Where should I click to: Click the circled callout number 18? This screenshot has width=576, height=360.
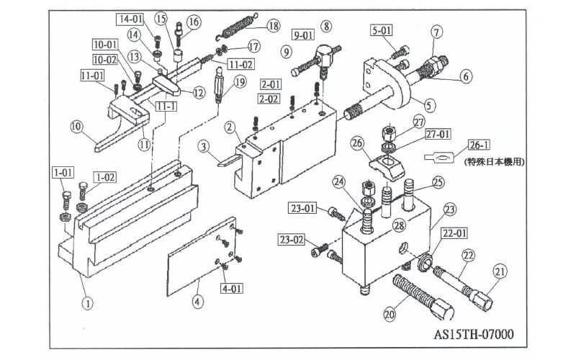(x=273, y=26)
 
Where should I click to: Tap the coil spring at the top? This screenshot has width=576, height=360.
(x=236, y=27)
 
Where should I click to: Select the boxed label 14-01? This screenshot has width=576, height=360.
(x=130, y=19)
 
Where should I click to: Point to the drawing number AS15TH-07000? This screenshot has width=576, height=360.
(x=474, y=334)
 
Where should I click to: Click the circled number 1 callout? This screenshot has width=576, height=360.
(x=87, y=303)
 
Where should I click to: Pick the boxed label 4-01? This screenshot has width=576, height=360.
(x=232, y=288)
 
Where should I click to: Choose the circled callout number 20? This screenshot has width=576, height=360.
(x=390, y=314)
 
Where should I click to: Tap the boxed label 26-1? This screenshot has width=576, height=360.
(x=479, y=145)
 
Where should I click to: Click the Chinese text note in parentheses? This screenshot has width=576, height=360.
(x=495, y=161)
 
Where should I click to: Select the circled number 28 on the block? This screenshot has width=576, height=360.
(x=400, y=225)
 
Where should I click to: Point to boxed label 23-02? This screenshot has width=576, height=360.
(x=292, y=240)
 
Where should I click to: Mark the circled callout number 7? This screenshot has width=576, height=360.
(x=436, y=32)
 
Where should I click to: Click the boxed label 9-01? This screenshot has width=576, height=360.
(x=303, y=35)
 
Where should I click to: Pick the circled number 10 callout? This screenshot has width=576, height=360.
(x=76, y=127)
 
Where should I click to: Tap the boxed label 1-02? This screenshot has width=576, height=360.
(x=105, y=177)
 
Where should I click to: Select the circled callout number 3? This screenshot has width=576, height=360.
(x=203, y=147)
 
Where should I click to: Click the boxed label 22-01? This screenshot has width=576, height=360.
(x=455, y=233)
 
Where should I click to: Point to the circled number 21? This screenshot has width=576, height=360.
(x=500, y=271)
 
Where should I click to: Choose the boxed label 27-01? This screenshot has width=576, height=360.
(x=438, y=134)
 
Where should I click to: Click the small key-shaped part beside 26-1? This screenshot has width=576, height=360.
(x=439, y=157)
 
